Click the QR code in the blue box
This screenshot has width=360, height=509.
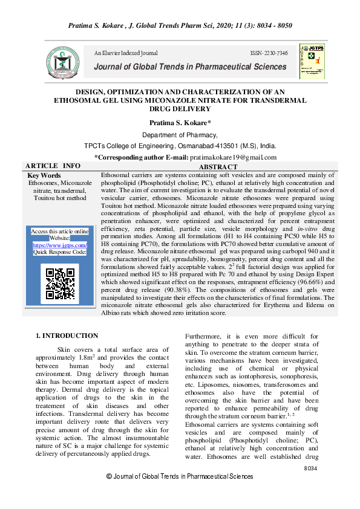coord(60,282)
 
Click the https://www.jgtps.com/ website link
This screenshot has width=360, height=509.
coord(59,245)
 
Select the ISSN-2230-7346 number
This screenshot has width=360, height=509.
coord(269,54)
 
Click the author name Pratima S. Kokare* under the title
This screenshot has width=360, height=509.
coord(180,123)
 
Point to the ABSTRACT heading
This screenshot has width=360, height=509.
coord(218,167)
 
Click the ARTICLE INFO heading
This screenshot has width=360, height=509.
coord(53,166)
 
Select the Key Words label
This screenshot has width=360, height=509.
coord(44,175)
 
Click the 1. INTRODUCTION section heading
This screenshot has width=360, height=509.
coord(67,336)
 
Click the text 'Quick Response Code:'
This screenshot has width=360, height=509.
coord(60,252)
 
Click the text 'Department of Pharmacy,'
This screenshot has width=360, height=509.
coord(180,135)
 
